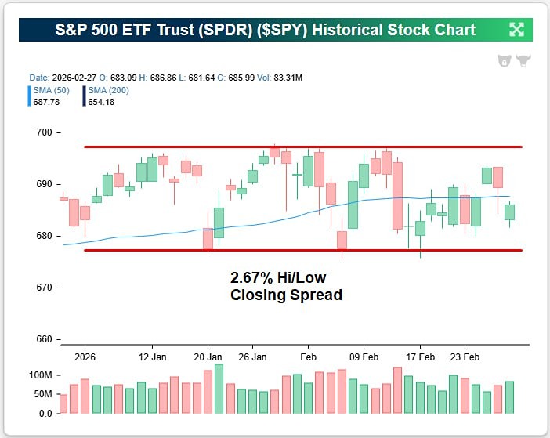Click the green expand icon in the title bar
(516, 30)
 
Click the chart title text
(265, 30)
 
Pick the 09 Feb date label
(364, 356)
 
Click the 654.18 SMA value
(100, 101)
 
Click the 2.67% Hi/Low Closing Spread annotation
(286, 287)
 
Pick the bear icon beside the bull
(505, 60)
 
